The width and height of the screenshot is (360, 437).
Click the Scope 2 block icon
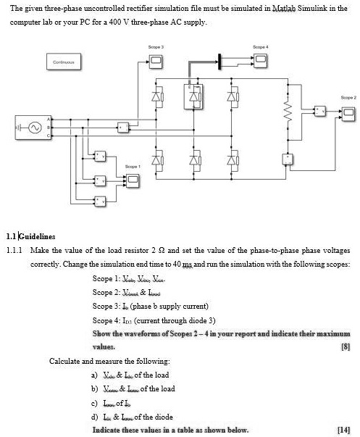(x=347, y=111)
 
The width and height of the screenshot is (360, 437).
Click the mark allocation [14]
(x=345, y=430)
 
